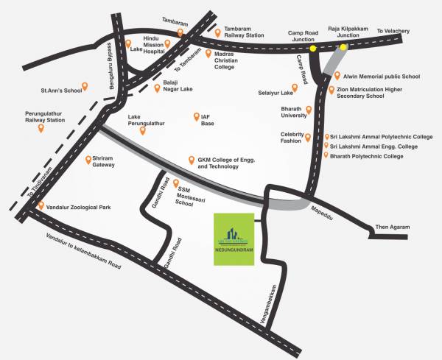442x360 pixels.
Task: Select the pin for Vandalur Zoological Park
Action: click(41, 206)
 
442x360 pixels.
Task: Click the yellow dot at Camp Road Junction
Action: click(312, 49)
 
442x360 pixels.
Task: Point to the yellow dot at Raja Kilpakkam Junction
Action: click(343, 48)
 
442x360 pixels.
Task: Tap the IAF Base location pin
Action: click(195, 117)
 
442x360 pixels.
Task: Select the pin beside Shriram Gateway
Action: click(84, 158)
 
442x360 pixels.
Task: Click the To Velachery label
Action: click(392, 31)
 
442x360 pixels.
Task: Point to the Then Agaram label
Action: click(392, 227)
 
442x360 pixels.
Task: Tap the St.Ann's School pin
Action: click(84, 87)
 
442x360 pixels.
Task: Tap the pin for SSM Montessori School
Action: click(174, 182)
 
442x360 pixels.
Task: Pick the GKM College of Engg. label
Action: click(218, 163)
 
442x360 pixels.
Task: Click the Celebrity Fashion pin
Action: click(308, 135)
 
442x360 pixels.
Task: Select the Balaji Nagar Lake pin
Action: click(157, 88)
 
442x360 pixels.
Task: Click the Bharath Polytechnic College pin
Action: click(327, 156)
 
